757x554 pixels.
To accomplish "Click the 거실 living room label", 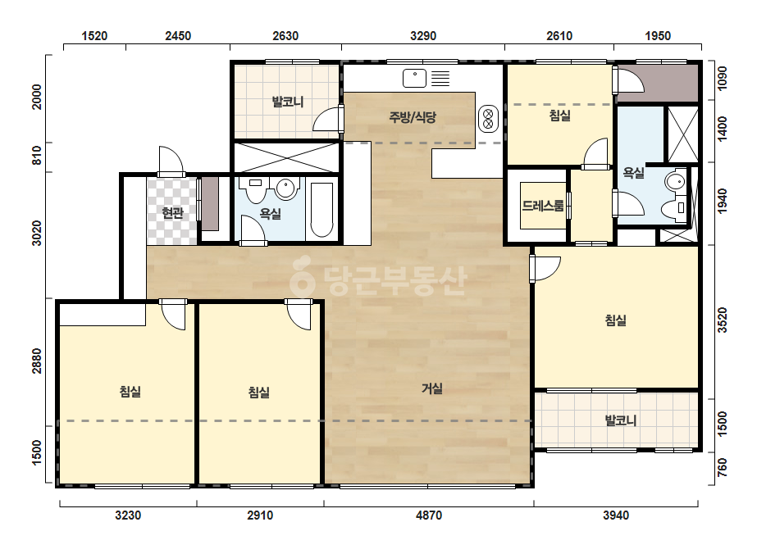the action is (x=432, y=388).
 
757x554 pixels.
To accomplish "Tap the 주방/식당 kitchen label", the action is (x=413, y=117).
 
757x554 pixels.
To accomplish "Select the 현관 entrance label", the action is (x=172, y=213).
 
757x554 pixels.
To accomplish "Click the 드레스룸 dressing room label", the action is (x=543, y=206).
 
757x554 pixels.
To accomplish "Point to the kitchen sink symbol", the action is (x=414, y=78).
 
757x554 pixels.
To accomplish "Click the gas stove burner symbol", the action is (x=488, y=119).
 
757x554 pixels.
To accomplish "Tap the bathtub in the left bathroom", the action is (x=321, y=210).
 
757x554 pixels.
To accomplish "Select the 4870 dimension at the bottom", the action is (x=429, y=515).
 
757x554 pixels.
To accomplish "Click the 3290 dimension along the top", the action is (x=423, y=36).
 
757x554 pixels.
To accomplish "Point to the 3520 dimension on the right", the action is (x=723, y=320).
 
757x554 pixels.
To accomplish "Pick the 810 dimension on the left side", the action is (x=37, y=157).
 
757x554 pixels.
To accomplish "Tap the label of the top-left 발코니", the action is (x=288, y=102).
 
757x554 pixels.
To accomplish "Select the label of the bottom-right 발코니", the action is (x=621, y=420).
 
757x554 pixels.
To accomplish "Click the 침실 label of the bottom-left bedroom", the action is (x=130, y=391).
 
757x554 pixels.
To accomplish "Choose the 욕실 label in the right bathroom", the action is (x=633, y=172).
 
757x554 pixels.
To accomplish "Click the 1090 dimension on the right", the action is (x=723, y=78).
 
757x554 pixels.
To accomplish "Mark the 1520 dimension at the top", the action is (x=94, y=36).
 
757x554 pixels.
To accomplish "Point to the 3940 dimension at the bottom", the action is (x=616, y=515).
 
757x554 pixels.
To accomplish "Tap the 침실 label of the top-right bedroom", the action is (x=560, y=116).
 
